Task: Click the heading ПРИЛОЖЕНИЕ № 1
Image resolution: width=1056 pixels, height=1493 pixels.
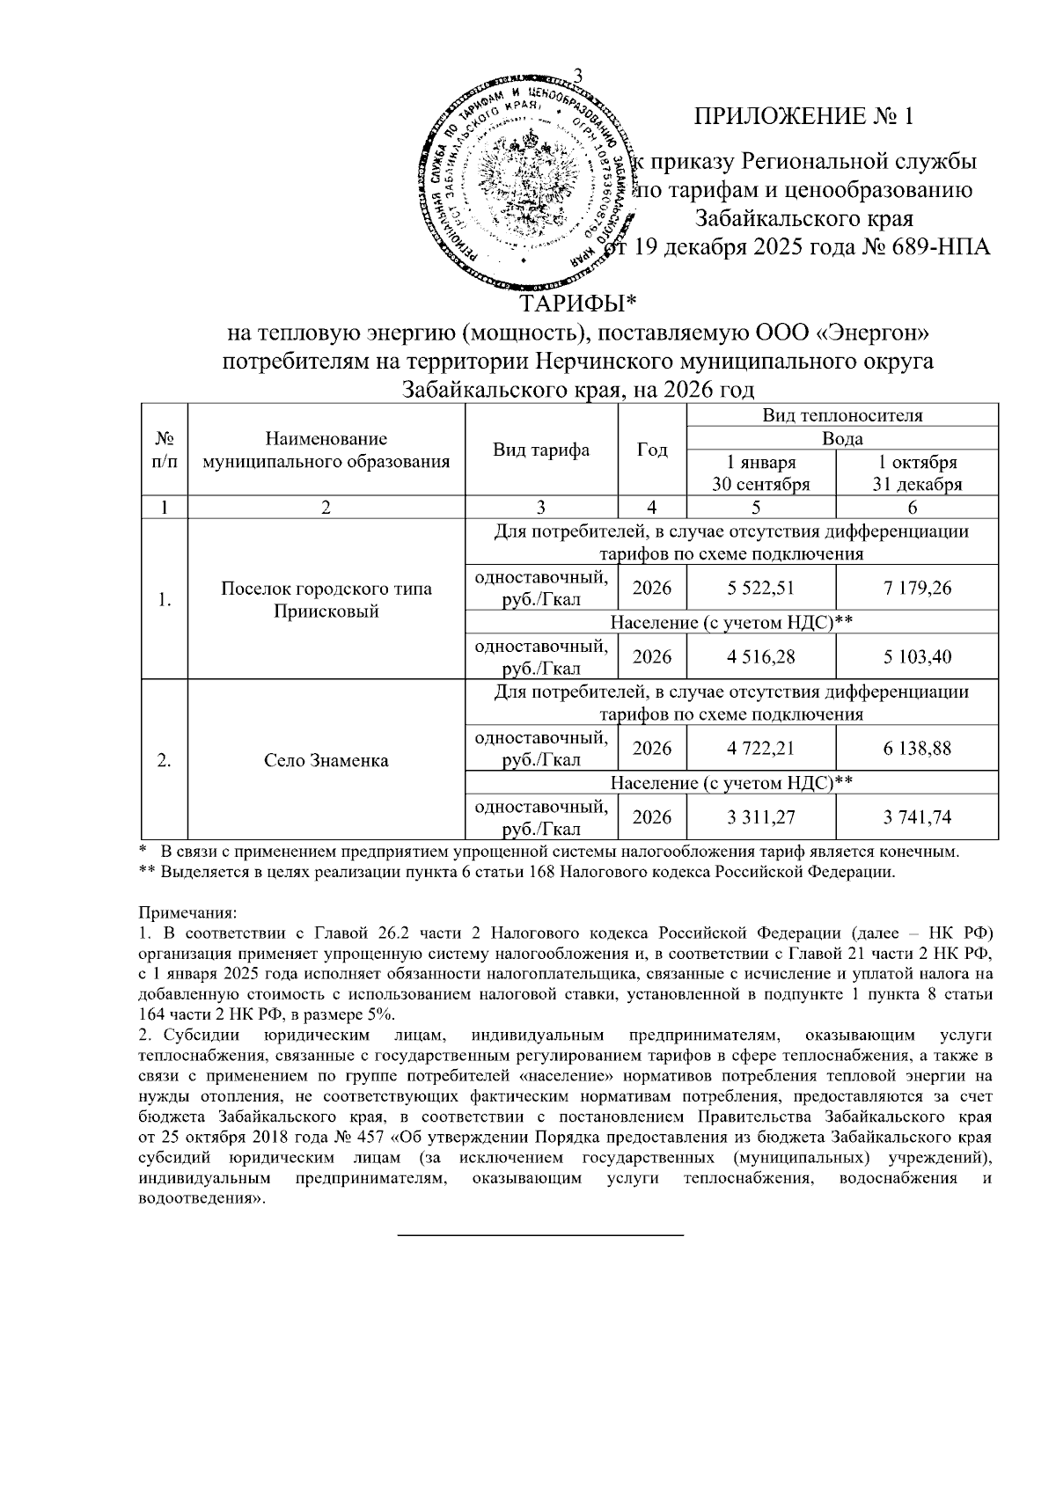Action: click(804, 117)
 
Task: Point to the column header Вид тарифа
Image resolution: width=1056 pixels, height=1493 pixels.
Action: click(541, 450)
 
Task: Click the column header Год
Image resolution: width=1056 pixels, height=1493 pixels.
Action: click(652, 450)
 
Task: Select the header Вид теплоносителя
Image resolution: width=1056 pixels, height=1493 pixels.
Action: click(842, 415)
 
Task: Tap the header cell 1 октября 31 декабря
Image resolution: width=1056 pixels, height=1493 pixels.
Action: click(917, 473)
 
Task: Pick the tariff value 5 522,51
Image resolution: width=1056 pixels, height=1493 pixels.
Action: click(762, 588)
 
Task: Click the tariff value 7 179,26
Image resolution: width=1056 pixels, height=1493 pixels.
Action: click(917, 588)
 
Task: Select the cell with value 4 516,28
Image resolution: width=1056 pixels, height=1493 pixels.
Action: click(762, 656)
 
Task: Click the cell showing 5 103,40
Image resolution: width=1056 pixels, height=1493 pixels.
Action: click(917, 656)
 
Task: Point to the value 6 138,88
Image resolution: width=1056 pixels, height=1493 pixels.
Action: click(917, 748)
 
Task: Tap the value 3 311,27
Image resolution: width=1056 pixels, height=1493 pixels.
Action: click(762, 817)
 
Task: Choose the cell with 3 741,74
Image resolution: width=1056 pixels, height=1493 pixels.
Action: click(917, 817)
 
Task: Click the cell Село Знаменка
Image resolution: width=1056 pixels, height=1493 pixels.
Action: click(326, 760)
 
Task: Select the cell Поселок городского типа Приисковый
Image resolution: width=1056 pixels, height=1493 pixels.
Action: click(326, 600)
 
